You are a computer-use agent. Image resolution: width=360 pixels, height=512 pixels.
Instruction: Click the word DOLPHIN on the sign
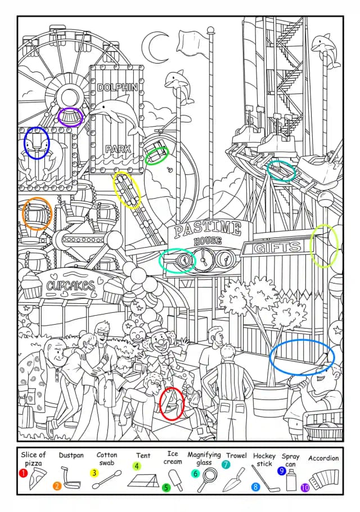pyautogui.click(x=118, y=87)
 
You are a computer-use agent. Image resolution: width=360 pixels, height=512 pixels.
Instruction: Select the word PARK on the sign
pyautogui.click(x=118, y=149)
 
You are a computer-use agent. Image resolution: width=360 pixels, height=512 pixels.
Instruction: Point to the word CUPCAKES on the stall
pyautogui.click(x=70, y=286)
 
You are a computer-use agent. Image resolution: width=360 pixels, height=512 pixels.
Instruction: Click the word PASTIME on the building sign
pyautogui.click(x=208, y=229)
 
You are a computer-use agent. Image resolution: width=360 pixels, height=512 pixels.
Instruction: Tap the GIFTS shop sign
pyautogui.click(x=277, y=248)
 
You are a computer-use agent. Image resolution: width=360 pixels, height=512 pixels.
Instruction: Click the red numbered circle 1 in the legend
pyautogui.click(x=23, y=473)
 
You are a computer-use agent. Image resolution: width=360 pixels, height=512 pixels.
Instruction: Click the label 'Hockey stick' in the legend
pyautogui.click(x=264, y=460)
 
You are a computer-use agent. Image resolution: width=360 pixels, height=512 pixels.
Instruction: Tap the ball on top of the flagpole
pyautogui.click(x=211, y=31)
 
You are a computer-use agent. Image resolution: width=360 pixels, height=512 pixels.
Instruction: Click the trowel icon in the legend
pyautogui.click(x=233, y=480)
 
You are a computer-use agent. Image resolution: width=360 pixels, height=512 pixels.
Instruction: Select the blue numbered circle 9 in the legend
pyautogui.click(x=281, y=471)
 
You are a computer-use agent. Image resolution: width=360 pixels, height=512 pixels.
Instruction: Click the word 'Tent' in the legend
pyautogui.click(x=143, y=456)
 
